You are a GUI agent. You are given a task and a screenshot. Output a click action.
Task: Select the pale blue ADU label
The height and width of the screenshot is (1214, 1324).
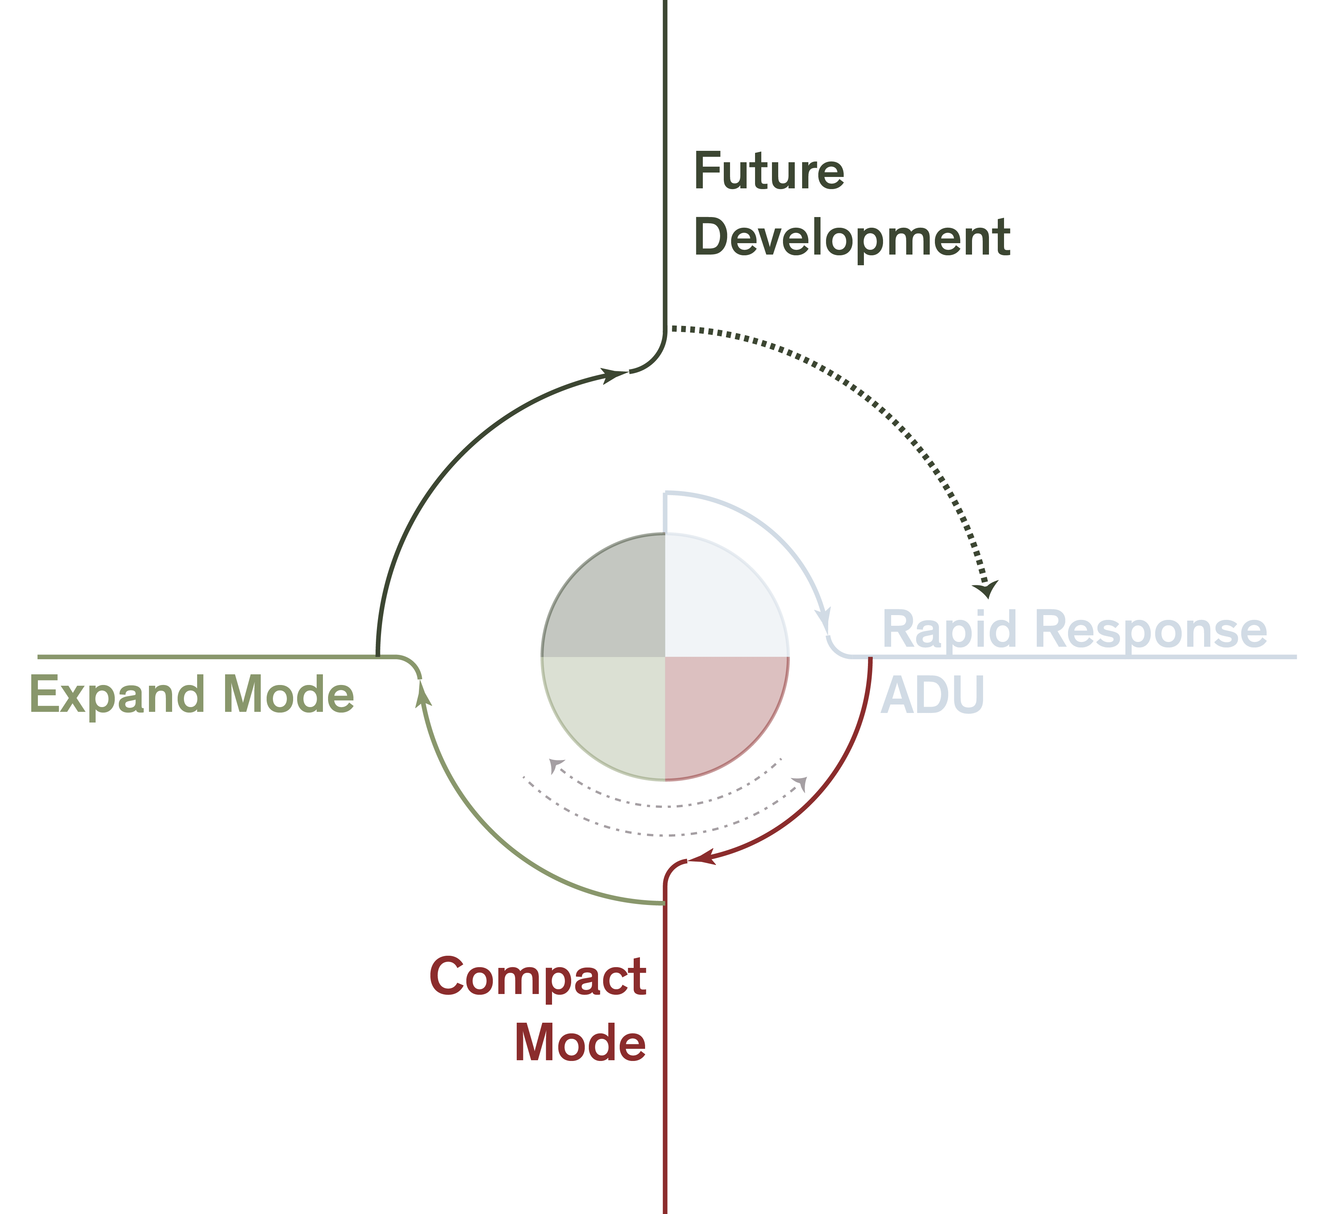(x=933, y=695)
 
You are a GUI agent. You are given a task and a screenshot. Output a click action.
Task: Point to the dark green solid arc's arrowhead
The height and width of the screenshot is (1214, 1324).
(x=615, y=376)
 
